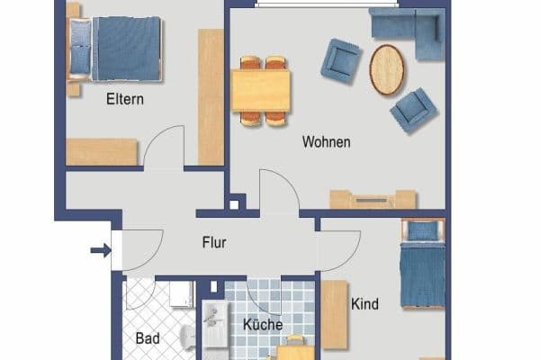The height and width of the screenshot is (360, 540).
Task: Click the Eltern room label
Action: tap(125, 100)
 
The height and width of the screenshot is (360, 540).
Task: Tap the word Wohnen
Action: tap(326, 142)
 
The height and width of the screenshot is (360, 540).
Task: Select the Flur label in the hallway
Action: tap(214, 242)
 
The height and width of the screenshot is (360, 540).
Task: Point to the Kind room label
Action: tap(364, 304)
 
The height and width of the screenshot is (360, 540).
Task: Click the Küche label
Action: tap(263, 325)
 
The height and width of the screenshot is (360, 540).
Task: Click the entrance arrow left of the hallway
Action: tap(101, 249)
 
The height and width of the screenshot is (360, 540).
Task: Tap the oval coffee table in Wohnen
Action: tap(387, 69)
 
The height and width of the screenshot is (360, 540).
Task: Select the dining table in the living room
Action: tap(261, 89)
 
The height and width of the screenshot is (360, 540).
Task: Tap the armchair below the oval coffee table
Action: tap(413, 109)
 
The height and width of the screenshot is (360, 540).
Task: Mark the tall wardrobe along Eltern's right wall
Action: tap(211, 96)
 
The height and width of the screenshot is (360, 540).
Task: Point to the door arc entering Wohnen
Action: tap(279, 192)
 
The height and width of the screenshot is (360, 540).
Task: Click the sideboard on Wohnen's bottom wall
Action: tap(373, 199)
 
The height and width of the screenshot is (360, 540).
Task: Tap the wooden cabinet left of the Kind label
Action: tap(335, 314)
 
